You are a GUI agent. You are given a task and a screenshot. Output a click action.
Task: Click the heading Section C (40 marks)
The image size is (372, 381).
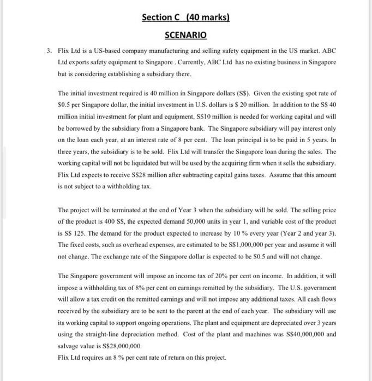(185, 17)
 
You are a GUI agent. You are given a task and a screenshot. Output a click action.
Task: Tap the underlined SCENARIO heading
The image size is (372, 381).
(185, 35)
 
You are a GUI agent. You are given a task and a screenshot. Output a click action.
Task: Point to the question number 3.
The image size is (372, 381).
(49, 51)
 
